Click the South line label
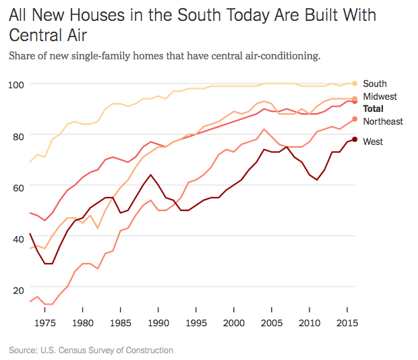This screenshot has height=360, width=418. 374,84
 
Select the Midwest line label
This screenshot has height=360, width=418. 380,97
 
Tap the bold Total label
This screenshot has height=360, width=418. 374,109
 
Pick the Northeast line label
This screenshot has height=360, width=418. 382,121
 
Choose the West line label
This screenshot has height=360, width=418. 374,142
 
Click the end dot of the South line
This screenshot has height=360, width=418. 355,83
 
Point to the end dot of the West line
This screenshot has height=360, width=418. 355,140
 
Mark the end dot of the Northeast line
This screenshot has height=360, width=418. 355,120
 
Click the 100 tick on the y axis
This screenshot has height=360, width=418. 17,84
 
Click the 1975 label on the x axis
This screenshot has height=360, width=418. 44,322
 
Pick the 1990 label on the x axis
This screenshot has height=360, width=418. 157,322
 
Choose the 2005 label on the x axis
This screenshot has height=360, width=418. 270,322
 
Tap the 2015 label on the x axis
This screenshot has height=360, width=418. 345,322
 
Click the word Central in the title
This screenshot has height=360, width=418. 40,34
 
